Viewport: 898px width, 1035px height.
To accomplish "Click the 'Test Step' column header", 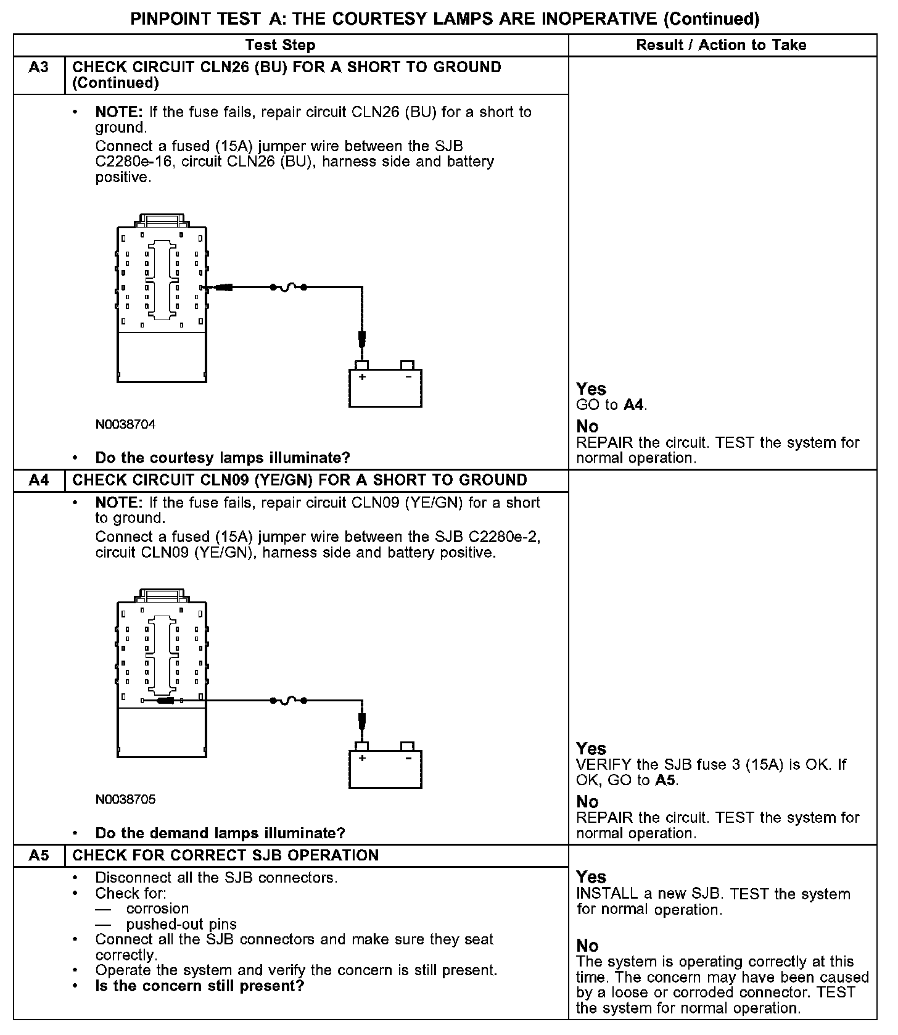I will coord(280,45).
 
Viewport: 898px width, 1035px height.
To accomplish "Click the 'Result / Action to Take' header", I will coord(721,45).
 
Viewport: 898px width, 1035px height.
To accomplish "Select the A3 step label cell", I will coord(38,67).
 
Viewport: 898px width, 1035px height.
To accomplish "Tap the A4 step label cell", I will coord(38,480).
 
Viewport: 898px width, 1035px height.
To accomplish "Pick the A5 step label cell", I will coord(38,855).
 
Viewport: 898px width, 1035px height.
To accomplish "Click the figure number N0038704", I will coord(125,424).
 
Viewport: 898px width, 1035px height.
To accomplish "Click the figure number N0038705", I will coord(125,799).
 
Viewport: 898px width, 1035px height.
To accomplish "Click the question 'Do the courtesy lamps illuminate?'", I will coord(222,458).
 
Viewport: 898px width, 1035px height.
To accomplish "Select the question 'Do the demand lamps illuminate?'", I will coord(220,833).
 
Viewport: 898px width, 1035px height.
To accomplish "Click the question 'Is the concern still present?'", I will coord(200,986).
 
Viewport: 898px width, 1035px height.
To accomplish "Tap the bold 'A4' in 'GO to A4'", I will coord(633,405).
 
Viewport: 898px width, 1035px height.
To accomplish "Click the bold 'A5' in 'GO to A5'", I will coord(664,780).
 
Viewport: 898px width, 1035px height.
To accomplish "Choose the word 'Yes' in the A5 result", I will coord(591,877).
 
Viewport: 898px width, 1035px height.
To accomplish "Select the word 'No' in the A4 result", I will coord(587,802).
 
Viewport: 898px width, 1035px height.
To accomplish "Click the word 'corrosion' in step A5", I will coord(157,909).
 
